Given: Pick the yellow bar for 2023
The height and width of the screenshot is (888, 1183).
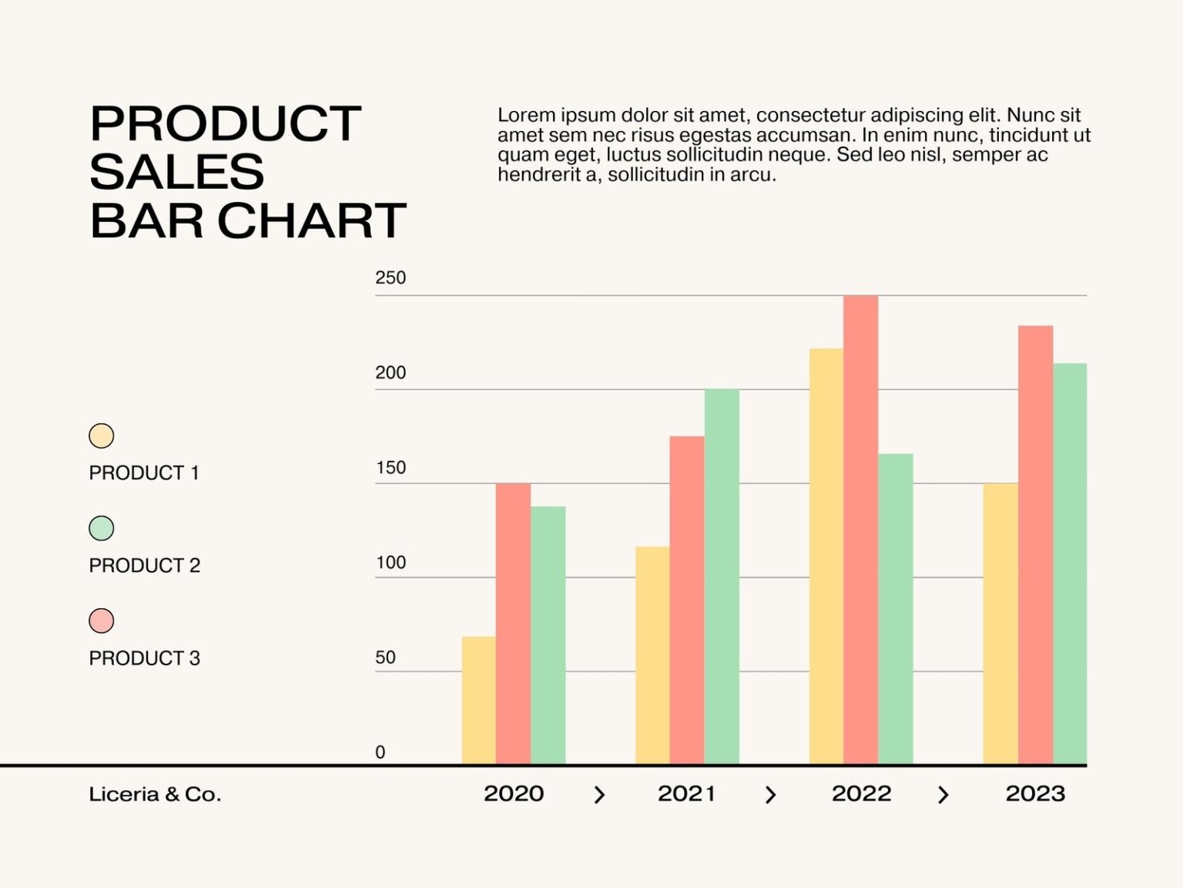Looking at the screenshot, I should [x=1000, y=624].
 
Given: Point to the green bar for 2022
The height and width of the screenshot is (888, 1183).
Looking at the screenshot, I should [x=896, y=609].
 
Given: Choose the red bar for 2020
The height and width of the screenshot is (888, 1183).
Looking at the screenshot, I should [x=513, y=624].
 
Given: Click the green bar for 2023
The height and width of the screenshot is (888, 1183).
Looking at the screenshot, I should [x=1070, y=563].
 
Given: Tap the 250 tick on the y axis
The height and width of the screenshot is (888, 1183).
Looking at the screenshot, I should [x=390, y=278].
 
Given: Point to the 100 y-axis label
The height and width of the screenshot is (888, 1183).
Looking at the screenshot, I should [x=390, y=563].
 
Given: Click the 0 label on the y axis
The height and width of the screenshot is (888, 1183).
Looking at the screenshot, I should [x=380, y=752].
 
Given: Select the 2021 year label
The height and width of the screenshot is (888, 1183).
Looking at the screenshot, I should [x=686, y=794].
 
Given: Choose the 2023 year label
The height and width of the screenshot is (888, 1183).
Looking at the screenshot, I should [x=1035, y=794].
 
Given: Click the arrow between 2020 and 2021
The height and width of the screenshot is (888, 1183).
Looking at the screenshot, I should [x=600, y=795].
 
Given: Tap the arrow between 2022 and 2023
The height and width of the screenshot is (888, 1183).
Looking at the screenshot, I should [x=943, y=795].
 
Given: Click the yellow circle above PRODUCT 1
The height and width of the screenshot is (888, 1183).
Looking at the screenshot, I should [x=102, y=436].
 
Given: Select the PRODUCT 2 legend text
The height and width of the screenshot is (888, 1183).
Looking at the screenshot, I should [x=144, y=566].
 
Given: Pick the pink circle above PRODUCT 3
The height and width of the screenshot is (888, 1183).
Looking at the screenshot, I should [x=102, y=621].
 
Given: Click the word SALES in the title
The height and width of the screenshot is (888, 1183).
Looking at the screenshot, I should [x=177, y=172].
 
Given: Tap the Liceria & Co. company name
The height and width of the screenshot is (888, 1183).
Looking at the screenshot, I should [x=155, y=795].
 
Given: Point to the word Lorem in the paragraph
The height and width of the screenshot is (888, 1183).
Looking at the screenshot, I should [x=526, y=116].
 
